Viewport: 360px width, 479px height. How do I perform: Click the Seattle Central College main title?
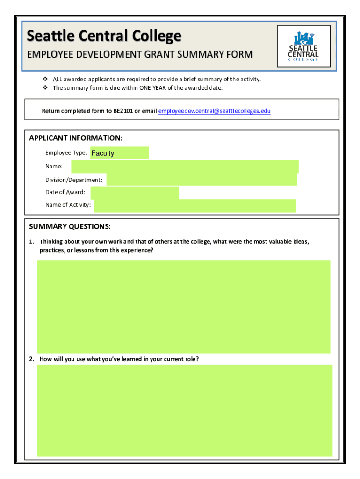104,36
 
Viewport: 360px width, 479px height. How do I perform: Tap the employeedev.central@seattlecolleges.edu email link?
214,111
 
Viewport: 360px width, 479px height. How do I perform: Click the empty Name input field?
185,167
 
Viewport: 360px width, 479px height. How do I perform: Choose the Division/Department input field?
202,180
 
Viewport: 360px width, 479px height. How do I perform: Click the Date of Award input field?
135,193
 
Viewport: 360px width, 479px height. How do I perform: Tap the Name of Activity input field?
194,205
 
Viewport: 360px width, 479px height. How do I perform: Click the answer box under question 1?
183,306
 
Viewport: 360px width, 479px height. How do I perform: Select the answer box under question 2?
184,410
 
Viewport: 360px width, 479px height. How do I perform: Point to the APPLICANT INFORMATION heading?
76,138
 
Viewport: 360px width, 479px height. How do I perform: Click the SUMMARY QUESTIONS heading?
70,227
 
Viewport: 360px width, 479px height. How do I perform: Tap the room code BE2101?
123,111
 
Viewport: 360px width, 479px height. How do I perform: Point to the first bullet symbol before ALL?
45,79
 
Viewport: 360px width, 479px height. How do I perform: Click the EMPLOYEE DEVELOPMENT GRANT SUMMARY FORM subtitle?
139,55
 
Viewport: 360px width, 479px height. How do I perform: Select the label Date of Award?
65,192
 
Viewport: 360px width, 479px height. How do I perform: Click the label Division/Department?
73,180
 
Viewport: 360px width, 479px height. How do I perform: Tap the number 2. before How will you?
31,359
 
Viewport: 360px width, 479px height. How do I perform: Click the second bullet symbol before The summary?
45,88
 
